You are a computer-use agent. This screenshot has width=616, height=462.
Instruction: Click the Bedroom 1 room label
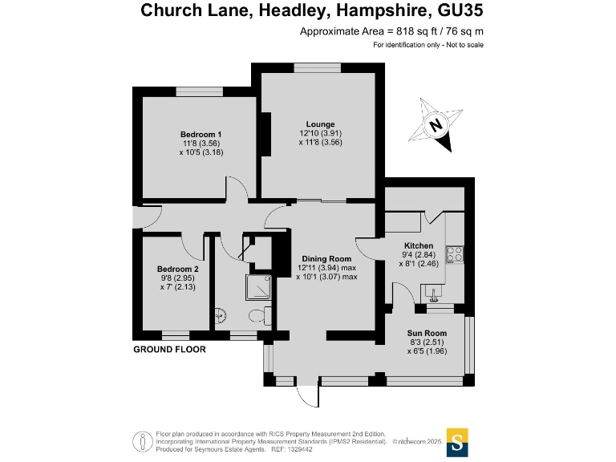tap(201, 134)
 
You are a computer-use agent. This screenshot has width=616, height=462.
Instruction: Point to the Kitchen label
tap(419, 245)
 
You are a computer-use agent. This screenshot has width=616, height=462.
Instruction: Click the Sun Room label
tap(426, 333)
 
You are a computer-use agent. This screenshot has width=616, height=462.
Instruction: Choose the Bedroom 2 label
tap(177, 269)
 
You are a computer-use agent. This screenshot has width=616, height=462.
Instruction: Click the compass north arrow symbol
tap(436, 124)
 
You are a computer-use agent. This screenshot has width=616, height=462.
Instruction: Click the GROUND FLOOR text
tap(169, 350)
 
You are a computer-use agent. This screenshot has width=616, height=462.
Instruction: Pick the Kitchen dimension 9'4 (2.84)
tap(419, 255)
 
